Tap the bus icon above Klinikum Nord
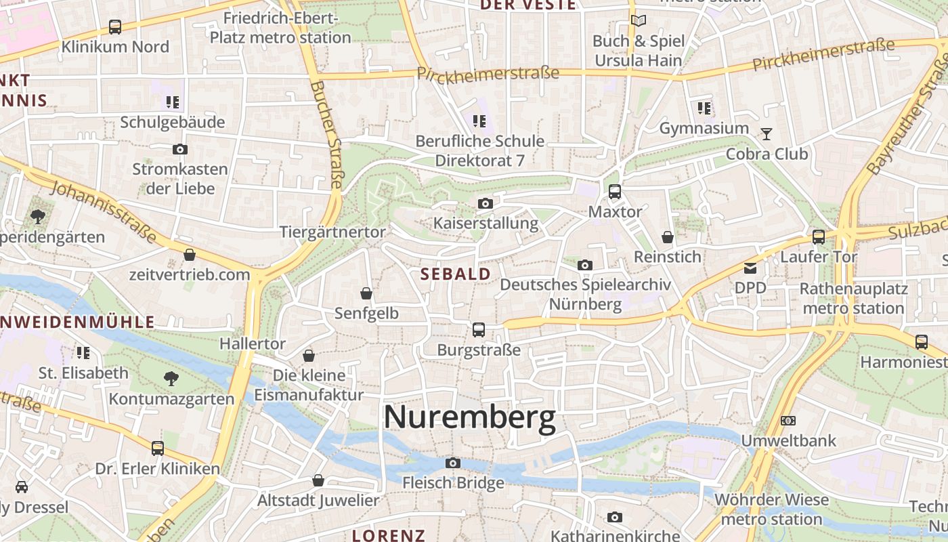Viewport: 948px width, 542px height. coord(115,27)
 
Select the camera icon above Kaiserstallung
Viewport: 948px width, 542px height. coord(485,203)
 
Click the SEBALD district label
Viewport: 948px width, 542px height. coord(456,274)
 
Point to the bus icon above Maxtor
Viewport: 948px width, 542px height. coord(615,192)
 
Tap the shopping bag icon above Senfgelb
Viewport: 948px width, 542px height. coord(366,293)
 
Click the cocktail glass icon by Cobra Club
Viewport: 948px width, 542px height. coord(766,133)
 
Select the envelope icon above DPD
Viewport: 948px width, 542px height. coord(750,268)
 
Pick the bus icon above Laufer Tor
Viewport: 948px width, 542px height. coord(819,237)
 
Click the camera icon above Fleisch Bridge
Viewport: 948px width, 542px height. coord(453,463)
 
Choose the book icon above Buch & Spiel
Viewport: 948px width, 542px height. coord(638,20)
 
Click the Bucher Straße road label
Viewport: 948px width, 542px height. coord(328,135)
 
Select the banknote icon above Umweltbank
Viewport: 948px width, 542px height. coord(788,421)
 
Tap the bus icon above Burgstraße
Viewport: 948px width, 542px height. coord(479,330)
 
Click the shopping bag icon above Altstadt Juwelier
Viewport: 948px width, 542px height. coord(318,480)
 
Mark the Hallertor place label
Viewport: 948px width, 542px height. coord(253,343)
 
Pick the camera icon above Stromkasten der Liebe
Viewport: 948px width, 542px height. coord(180,149)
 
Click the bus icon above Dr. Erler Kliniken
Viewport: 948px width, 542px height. coord(158,449)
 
